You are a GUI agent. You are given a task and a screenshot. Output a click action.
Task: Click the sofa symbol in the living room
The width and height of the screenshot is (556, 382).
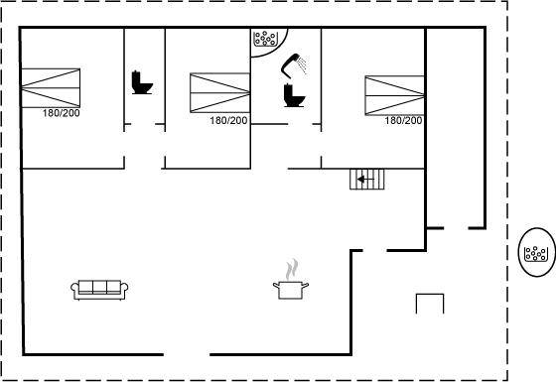(x=99, y=290)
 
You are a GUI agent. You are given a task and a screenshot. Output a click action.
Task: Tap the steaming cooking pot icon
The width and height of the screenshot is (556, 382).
(x=291, y=290)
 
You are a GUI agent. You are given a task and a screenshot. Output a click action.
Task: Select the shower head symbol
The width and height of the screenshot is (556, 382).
(x=292, y=64)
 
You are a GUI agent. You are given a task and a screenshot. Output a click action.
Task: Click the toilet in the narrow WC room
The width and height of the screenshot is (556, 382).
(x=142, y=82)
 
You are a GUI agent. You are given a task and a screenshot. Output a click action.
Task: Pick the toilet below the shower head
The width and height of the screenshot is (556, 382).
(x=294, y=95)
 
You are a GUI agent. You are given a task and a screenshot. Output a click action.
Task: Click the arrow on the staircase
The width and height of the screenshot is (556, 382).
(x=365, y=180)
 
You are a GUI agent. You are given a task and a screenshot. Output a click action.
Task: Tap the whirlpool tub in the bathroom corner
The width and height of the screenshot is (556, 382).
(x=265, y=39)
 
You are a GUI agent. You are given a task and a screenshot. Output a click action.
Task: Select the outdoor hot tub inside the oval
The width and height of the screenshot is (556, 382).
(x=537, y=253)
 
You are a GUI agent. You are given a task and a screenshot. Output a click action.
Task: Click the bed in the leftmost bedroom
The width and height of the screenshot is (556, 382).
(x=51, y=88)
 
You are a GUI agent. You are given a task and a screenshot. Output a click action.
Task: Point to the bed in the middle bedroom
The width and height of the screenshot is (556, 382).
(x=219, y=93)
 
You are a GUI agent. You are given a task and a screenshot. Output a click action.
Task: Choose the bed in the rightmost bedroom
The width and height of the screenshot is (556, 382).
(x=395, y=95)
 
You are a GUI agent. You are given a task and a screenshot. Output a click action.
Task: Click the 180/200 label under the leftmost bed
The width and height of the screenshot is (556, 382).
(x=62, y=113)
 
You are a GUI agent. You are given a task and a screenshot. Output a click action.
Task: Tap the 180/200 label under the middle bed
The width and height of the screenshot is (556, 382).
(x=228, y=120)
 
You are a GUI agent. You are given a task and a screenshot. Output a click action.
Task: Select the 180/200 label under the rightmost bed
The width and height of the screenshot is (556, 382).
(x=403, y=120)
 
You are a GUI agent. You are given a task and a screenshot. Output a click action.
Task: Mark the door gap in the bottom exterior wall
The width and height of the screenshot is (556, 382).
(x=187, y=354)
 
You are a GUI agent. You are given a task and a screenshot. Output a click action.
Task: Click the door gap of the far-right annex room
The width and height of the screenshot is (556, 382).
(x=456, y=228)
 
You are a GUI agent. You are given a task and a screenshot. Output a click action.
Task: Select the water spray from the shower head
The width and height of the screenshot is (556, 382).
(x=302, y=64)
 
